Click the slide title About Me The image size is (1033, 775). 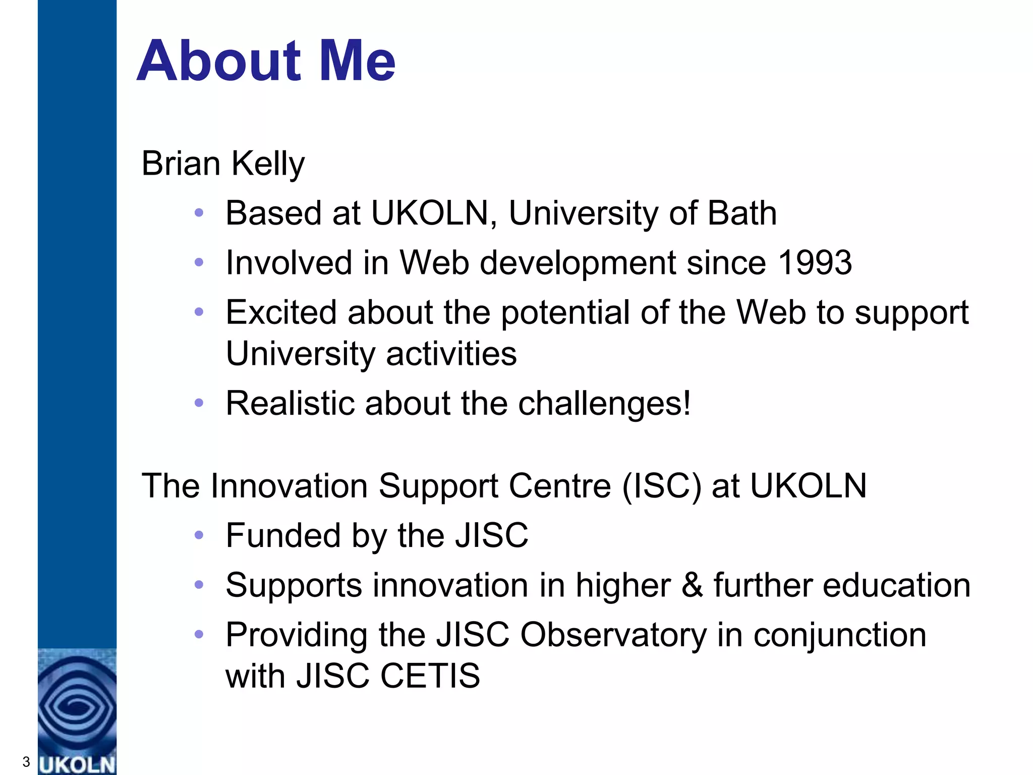click(266, 61)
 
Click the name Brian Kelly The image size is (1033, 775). click(223, 164)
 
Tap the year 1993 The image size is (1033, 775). click(815, 263)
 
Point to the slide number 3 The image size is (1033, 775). click(26, 761)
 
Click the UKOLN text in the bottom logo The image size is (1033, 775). click(77, 764)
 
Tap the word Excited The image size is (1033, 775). click(281, 312)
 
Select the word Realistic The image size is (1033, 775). click(290, 404)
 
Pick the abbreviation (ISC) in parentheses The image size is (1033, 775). click(661, 486)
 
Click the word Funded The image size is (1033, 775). click(283, 535)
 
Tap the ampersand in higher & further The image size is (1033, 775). click(692, 585)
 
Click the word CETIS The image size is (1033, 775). click(430, 676)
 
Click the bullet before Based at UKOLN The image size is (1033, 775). click(199, 213)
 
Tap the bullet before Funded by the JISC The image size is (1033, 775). click(199, 535)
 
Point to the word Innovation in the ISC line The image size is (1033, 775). click(289, 486)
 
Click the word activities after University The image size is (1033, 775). click(451, 354)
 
